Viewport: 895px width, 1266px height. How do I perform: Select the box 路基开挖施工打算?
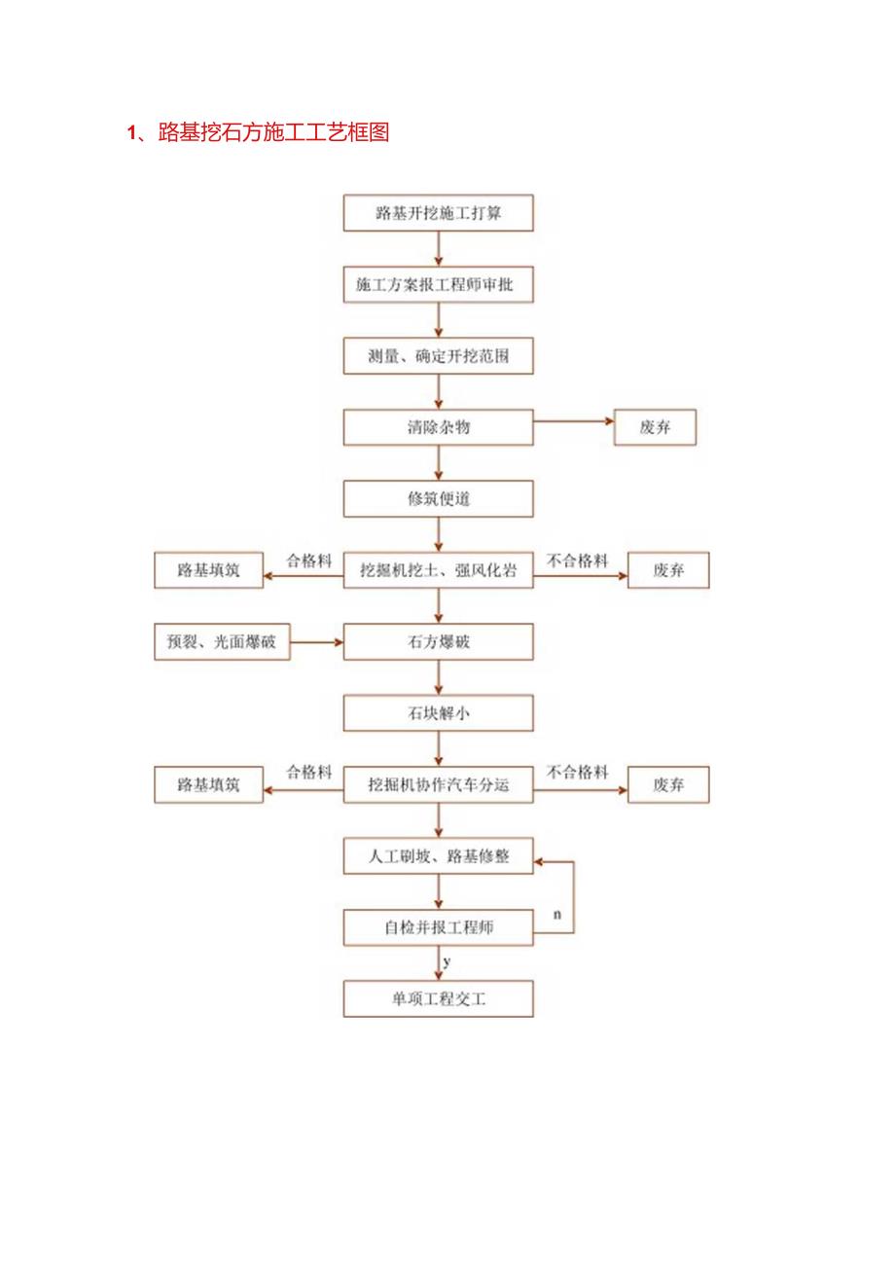tap(439, 213)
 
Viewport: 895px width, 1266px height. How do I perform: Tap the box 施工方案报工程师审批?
tap(439, 285)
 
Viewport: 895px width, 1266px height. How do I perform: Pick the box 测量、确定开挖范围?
tap(439, 356)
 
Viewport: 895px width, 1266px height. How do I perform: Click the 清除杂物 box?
tap(439, 427)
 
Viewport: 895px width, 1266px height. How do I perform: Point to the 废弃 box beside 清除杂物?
tap(655, 427)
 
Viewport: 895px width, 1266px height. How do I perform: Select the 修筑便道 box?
tap(439, 498)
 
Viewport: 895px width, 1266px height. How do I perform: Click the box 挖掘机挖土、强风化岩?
tap(439, 571)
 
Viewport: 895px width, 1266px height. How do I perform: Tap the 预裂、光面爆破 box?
tap(222, 642)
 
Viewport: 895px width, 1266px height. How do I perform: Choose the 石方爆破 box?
tap(439, 642)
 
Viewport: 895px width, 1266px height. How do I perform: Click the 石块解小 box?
tap(439, 713)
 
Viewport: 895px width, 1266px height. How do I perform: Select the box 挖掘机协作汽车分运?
tap(439, 784)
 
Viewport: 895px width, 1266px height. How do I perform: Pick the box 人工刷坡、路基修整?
tap(439, 857)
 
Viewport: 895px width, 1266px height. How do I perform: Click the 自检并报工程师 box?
tap(439, 927)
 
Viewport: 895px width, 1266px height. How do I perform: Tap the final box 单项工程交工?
tap(439, 999)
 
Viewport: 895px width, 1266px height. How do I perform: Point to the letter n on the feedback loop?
tap(556, 915)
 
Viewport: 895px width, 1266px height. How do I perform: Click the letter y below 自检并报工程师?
tap(447, 961)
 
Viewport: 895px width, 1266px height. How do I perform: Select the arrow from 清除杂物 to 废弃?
tap(574, 421)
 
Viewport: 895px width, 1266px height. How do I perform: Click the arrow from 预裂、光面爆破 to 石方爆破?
tap(317, 642)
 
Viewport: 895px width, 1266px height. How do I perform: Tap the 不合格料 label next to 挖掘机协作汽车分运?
tap(578, 773)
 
